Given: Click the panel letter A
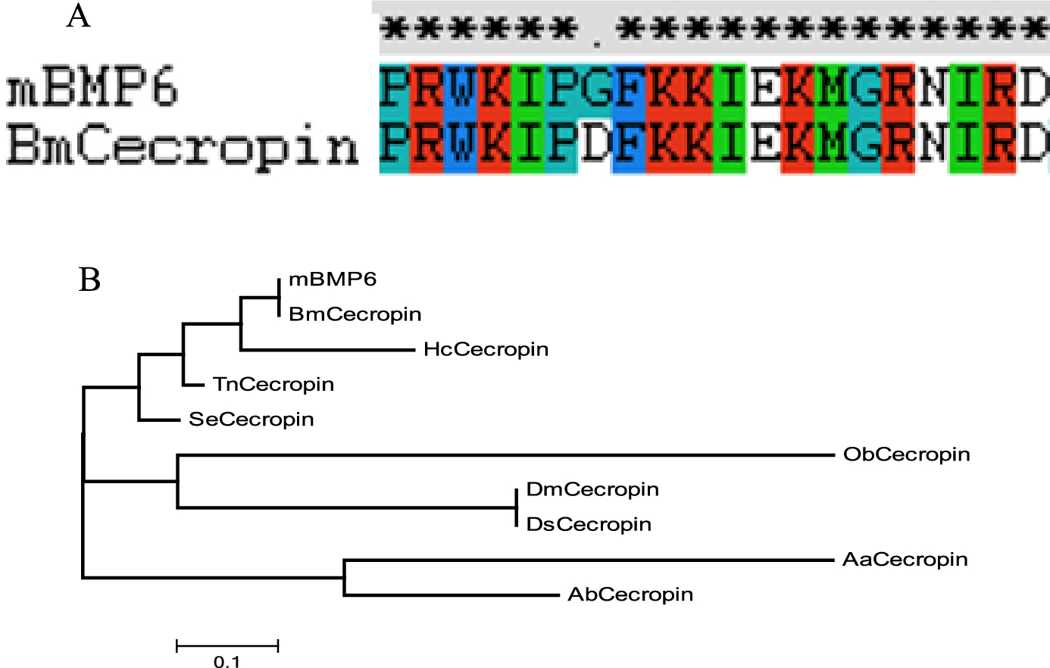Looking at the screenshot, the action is [78, 16].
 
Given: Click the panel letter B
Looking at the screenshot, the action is [89, 280].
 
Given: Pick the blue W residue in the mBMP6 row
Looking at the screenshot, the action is [461, 89].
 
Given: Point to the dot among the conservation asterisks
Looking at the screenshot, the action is [597, 45].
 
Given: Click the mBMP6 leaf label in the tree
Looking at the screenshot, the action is [333, 279].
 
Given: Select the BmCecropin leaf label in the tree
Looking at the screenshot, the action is [355, 314].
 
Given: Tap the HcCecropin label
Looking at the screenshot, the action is [486, 350].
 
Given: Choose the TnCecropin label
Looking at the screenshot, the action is [273, 385].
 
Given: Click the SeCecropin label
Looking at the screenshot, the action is [252, 420].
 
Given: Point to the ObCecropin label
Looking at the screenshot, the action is [907, 454].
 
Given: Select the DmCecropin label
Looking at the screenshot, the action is [592, 490].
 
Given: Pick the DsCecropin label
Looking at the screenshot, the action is [589, 525].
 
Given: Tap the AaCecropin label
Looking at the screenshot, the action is [905, 560].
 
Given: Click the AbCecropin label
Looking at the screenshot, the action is [630, 595].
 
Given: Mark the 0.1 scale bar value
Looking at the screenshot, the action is [227, 661].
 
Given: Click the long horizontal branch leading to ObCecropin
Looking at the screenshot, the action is [506, 454].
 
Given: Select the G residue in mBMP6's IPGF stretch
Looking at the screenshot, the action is [595, 89].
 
